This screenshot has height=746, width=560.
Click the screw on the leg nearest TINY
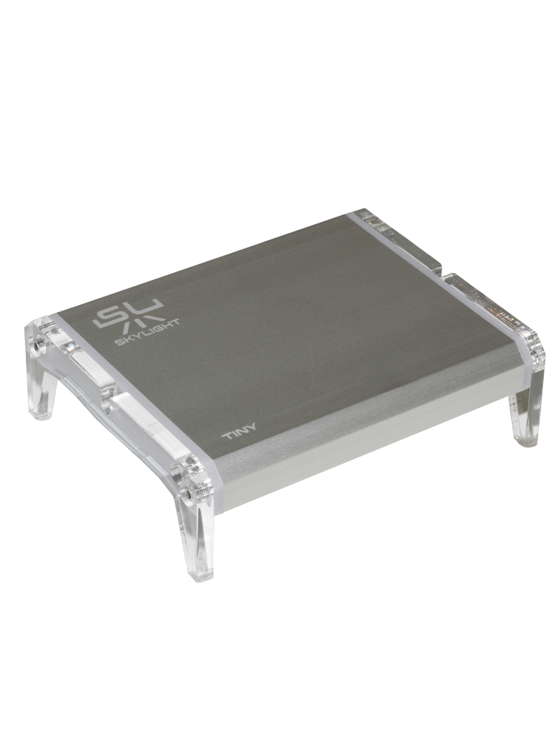point(191,494)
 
